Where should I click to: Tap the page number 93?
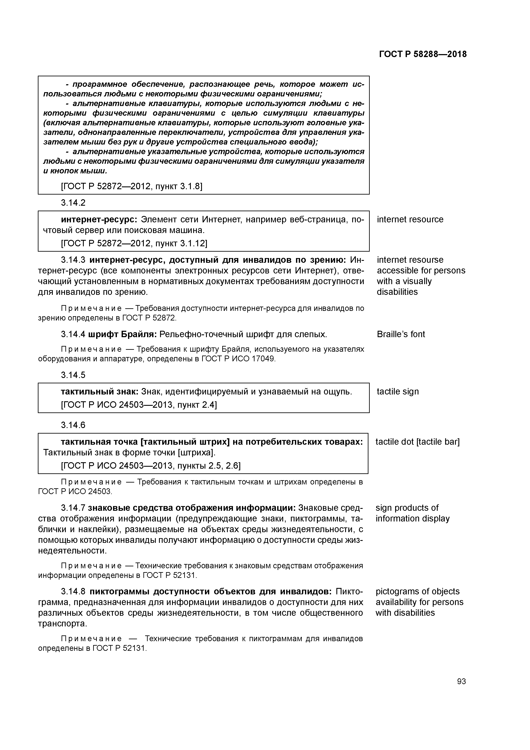461,681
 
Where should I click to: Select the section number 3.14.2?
73,203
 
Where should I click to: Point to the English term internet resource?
410,220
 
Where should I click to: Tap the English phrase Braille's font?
401,334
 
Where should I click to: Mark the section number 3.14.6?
73,425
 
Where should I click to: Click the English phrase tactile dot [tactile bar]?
417,442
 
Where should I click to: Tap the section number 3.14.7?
73,508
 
